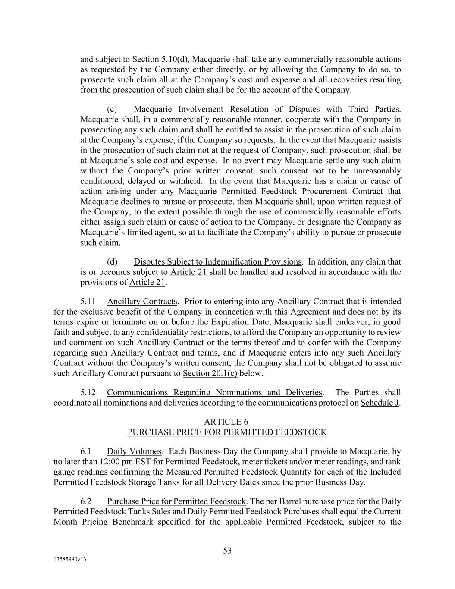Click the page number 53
point(227,551)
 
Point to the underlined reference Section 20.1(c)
point(210,373)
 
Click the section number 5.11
point(88,301)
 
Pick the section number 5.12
point(88,392)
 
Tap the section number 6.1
point(85,451)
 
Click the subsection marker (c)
point(112,109)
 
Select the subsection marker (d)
point(112,261)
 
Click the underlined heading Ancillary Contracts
point(142,301)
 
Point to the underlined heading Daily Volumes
point(134,451)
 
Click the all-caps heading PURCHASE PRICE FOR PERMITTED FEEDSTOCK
point(227,432)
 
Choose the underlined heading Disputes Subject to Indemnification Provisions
point(217,261)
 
